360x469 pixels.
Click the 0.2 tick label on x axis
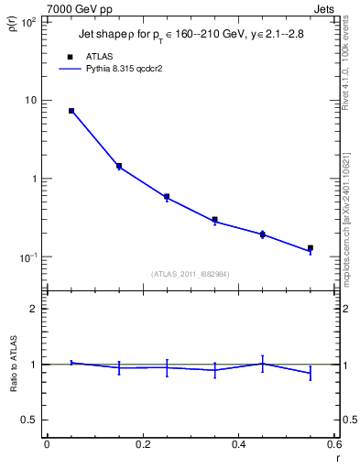142,444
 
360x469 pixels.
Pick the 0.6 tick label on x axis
333,444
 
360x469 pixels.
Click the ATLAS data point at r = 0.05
71,111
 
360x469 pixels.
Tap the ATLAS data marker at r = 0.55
311,247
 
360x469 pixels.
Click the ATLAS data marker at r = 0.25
167,196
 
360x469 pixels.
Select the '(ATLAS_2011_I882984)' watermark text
190,273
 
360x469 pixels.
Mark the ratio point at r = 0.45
262,364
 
